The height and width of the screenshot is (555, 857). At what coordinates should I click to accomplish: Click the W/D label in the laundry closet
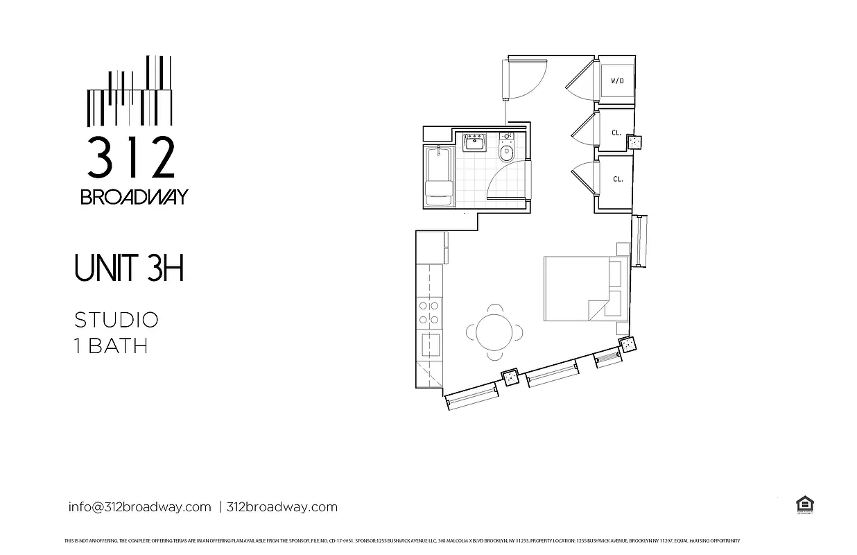pyautogui.click(x=616, y=81)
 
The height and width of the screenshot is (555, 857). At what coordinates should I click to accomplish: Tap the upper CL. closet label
pyautogui.click(x=616, y=132)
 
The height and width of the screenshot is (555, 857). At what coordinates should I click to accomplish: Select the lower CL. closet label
pyautogui.click(x=617, y=179)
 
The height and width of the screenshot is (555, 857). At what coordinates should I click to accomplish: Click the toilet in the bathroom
pyautogui.click(x=506, y=151)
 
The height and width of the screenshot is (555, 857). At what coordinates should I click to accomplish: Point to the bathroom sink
pyautogui.click(x=476, y=144)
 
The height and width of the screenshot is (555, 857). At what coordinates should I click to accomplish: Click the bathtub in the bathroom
pyautogui.click(x=438, y=177)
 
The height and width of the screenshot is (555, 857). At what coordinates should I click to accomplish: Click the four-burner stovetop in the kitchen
pyautogui.click(x=428, y=312)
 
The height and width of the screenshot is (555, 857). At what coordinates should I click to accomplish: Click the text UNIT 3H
pyautogui.click(x=129, y=268)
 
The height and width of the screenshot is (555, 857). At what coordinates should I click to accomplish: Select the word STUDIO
pyautogui.click(x=116, y=320)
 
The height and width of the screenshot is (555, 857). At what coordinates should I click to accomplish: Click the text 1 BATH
pyautogui.click(x=111, y=345)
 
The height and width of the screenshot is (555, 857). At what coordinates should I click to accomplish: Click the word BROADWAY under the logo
pyautogui.click(x=134, y=197)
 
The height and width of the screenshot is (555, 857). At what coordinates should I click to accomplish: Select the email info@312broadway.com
pyautogui.click(x=139, y=506)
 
